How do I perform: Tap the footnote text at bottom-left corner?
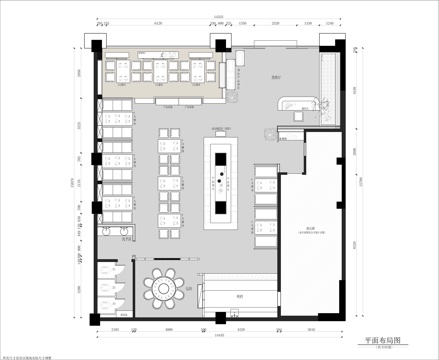pos(30,355)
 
